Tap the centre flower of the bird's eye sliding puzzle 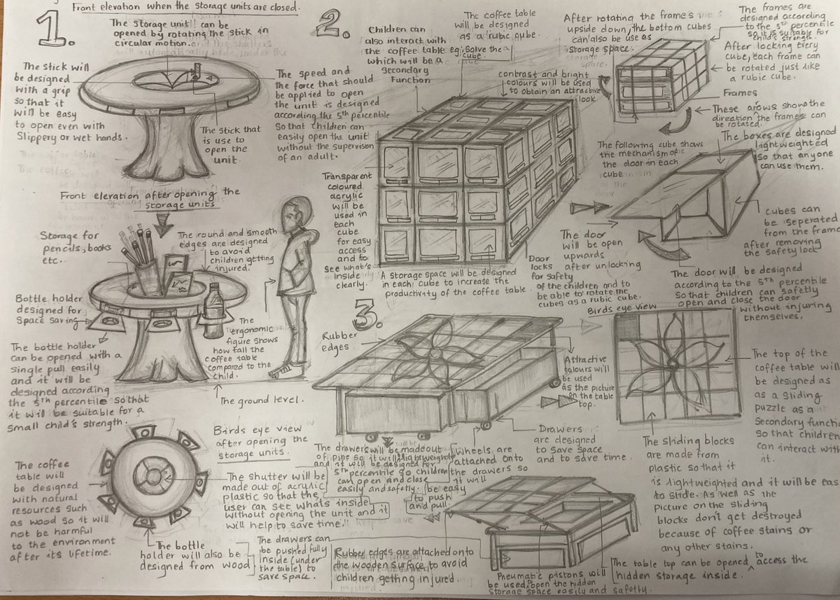click(x=673, y=365)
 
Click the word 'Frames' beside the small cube click(x=739, y=92)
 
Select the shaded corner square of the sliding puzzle click(x=626, y=326)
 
